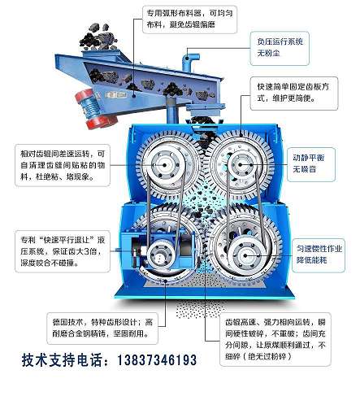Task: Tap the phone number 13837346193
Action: (x=145, y=360)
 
